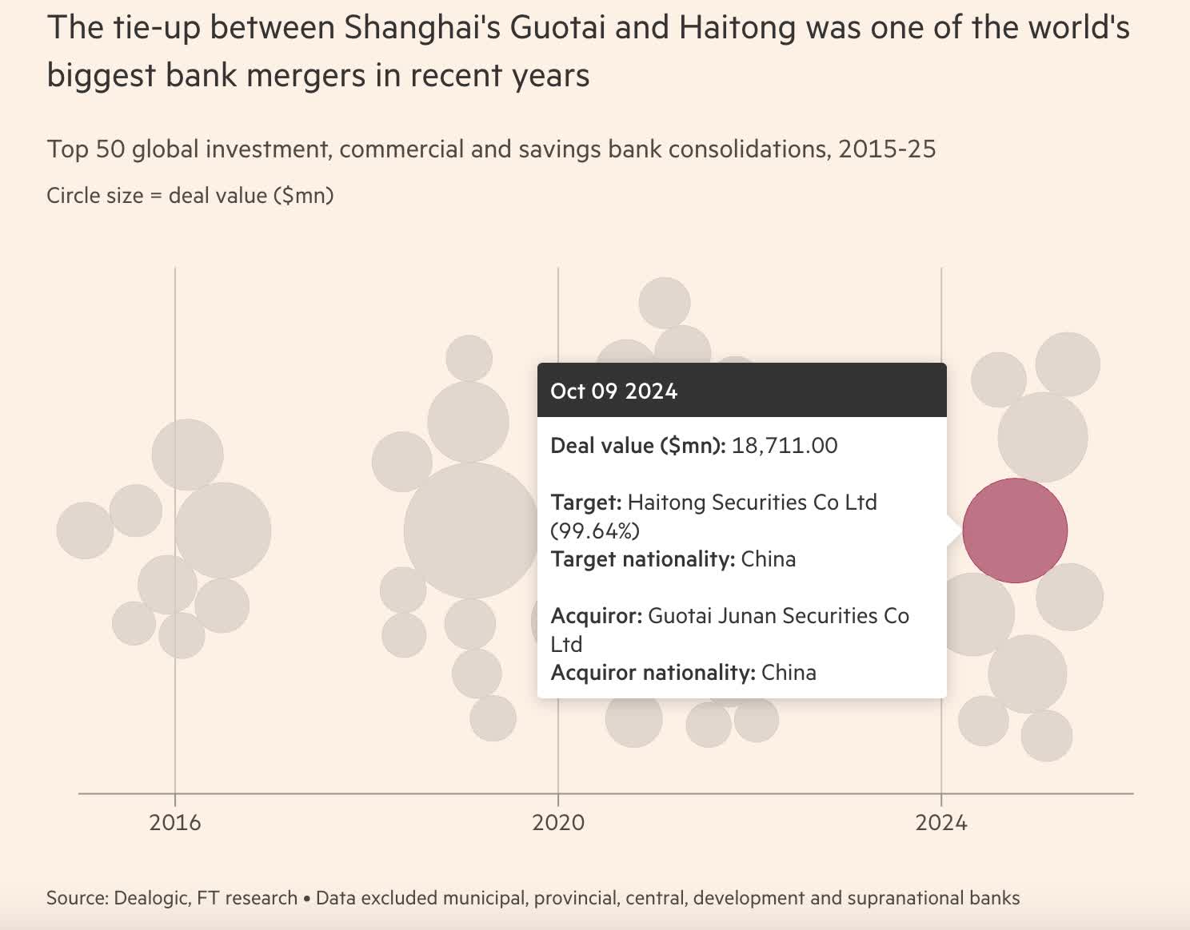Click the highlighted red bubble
pyautogui.click(x=1014, y=531)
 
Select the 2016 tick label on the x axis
pyautogui.click(x=175, y=822)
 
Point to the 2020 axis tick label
pyautogui.click(x=558, y=822)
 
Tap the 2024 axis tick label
pyautogui.click(x=941, y=822)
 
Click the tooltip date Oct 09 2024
pyautogui.click(x=613, y=391)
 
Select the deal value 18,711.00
pyautogui.click(x=784, y=445)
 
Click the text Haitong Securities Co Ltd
pyautogui.click(x=752, y=502)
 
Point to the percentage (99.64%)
pyautogui.click(x=595, y=531)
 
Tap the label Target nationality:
pyautogui.click(x=642, y=558)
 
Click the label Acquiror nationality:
pyautogui.click(x=653, y=672)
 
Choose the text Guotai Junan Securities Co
pyautogui.click(x=777, y=615)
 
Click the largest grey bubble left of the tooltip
pyautogui.click(x=471, y=531)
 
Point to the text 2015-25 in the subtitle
pyautogui.click(x=887, y=149)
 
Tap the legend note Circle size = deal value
pyautogui.click(x=190, y=195)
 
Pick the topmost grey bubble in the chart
pyautogui.click(x=664, y=303)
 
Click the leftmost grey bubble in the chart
pyautogui.click(x=85, y=531)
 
